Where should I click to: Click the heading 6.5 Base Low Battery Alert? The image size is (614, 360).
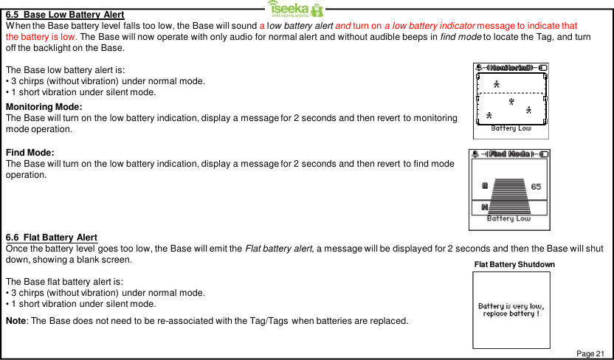[65, 15]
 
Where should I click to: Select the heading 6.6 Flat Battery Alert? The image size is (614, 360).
[52, 237]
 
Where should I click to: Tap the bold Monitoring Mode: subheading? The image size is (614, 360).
[44, 107]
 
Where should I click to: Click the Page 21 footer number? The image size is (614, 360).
[590, 354]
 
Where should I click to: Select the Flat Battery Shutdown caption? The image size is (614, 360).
[514, 264]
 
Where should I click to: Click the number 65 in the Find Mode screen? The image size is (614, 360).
[537, 186]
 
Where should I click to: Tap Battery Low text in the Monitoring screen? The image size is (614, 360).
[511, 128]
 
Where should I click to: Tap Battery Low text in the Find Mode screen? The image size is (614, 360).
[508, 218]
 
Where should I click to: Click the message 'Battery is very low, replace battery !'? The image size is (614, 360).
[511, 310]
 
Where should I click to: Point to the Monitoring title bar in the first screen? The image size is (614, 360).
[511, 68]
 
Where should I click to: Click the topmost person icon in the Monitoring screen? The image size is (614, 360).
[497, 84]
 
